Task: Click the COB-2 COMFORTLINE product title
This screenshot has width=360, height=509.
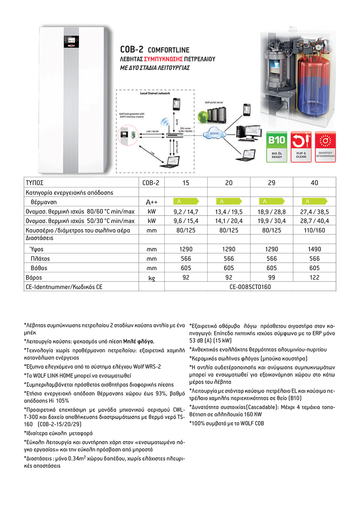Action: pyautogui.click(x=155, y=50)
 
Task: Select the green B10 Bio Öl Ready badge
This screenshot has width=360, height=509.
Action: pyautogui.click(x=277, y=146)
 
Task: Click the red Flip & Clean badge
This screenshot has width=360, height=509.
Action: pyautogui.click(x=301, y=146)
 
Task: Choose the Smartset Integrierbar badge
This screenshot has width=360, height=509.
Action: pyautogui.click(x=326, y=146)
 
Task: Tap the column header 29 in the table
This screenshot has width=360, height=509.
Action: pyautogui.click(x=272, y=183)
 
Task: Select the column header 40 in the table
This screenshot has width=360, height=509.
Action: pyautogui.click(x=314, y=183)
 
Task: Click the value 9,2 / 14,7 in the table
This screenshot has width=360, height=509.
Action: pyautogui.click(x=186, y=212)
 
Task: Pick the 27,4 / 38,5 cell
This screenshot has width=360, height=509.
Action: pyautogui.click(x=314, y=212)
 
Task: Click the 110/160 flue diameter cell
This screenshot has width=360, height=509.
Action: pyautogui.click(x=314, y=230)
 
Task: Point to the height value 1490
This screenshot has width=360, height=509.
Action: pyautogui.click(x=314, y=249)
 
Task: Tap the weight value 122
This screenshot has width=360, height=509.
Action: pyautogui.click(x=314, y=277)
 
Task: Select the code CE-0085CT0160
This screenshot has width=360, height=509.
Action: pyautogui.click(x=250, y=287)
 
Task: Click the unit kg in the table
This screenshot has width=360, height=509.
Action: pyautogui.click(x=151, y=277)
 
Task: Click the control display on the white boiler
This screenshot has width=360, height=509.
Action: pyautogui.click(x=69, y=41)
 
